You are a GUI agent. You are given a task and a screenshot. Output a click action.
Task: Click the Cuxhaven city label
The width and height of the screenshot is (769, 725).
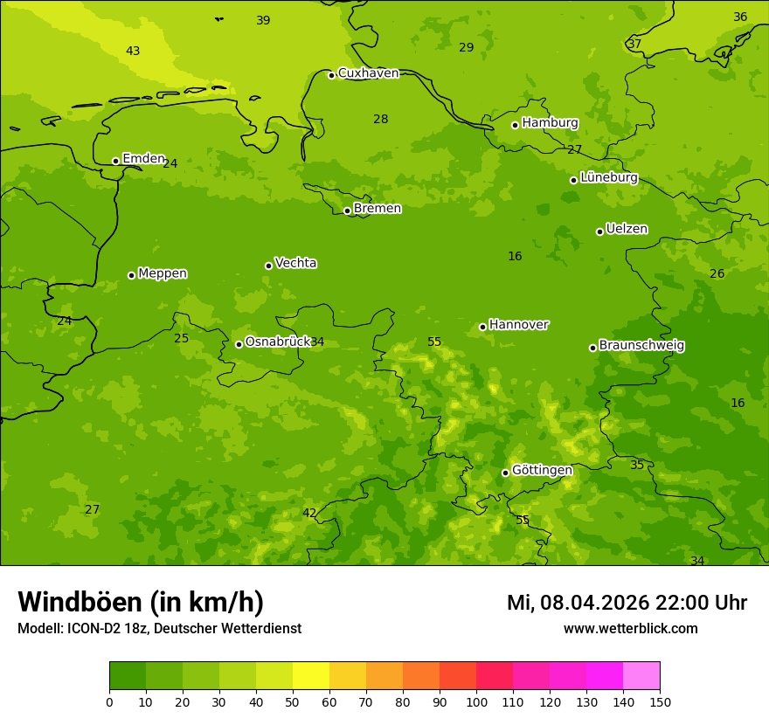tap(368, 73)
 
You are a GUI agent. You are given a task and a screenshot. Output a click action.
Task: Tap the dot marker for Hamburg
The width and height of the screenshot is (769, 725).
tap(516, 125)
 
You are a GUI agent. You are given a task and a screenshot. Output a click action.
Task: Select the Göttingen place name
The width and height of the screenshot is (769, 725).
tap(542, 471)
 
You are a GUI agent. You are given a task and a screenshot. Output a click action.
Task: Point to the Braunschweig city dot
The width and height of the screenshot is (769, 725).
tap(592, 348)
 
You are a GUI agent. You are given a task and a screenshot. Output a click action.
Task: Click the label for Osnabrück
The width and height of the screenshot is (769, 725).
tap(277, 342)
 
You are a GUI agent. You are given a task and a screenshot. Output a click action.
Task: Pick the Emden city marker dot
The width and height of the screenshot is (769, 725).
tap(115, 161)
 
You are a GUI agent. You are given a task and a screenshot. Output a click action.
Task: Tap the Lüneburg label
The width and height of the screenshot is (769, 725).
tap(608, 177)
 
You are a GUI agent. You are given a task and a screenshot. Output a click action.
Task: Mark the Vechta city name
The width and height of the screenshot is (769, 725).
tap(295, 263)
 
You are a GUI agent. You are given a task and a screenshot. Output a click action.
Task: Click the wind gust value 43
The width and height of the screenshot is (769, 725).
tap(133, 52)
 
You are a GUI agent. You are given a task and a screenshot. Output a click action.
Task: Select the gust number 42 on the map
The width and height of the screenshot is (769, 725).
tap(309, 513)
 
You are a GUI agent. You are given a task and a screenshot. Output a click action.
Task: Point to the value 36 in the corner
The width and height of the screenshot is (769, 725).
tap(740, 17)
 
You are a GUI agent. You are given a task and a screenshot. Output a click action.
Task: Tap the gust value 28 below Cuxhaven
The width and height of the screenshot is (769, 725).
tap(381, 120)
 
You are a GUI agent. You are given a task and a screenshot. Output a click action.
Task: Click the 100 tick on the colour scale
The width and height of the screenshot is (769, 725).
tap(476, 701)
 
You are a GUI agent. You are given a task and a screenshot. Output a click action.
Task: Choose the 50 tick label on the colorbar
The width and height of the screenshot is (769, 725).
tap(293, 701)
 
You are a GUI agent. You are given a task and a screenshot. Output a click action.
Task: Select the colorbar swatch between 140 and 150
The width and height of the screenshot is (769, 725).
tap(641, 676)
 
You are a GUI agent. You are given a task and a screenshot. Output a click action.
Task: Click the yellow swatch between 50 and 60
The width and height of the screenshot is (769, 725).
tap(311, 676)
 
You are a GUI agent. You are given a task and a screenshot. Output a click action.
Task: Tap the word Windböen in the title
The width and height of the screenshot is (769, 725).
tap(79, 603)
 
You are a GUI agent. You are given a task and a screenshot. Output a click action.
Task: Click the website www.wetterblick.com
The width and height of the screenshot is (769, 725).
tap(630, 629)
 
